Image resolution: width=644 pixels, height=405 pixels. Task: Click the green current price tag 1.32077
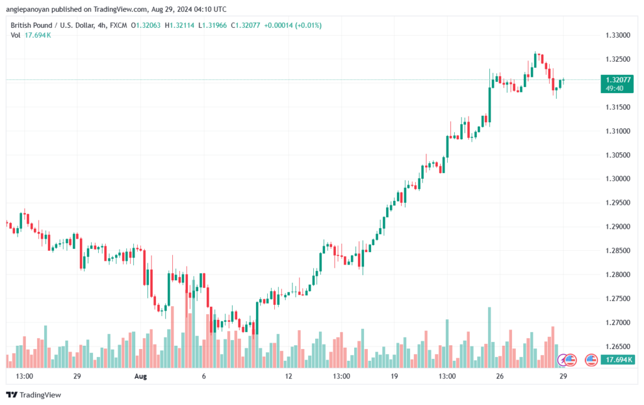(x=615, y=80)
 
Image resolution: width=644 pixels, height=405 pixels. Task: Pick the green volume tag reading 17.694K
(x=617, y=360)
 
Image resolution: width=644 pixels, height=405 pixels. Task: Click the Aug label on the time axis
(x=140, y=376)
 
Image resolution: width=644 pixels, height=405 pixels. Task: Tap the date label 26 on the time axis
(x=500, y=376)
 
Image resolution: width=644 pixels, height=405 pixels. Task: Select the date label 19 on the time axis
(x=394, y=376)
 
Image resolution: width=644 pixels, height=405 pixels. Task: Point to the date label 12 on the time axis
(x=289, y=376)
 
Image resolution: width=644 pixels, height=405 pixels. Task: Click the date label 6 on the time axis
(x=204, y=376)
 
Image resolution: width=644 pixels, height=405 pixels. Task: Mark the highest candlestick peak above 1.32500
(x=535, y=53)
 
